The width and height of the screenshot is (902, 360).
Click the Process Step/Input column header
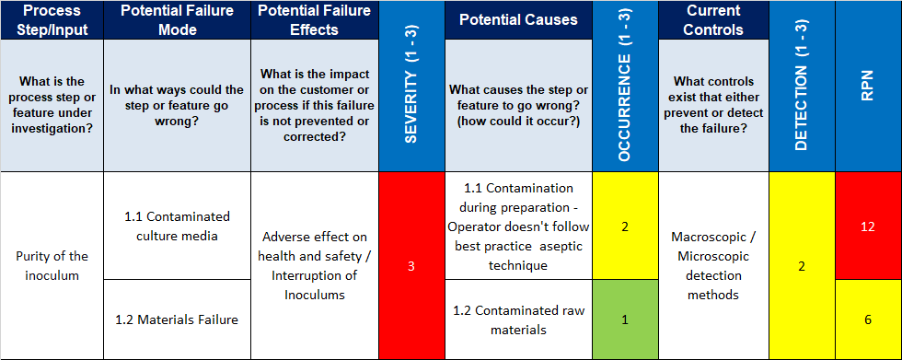(x=52, y=19)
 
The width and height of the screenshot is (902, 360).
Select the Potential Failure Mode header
(x=176, y=19)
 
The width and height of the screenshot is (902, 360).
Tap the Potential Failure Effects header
(x=314, y=19)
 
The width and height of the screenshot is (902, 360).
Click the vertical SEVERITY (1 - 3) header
(x=411, y=86)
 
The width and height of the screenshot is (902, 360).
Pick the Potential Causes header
(x=518, y=19)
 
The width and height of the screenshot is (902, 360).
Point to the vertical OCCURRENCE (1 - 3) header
(x=625, y=86)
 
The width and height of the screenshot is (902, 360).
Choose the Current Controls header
(x=714, y=19)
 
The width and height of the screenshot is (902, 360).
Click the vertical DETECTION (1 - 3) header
(x=801, y=86)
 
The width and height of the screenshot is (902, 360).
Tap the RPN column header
(x=868, y=86)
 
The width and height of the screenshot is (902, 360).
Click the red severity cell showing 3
(x=411, y=266)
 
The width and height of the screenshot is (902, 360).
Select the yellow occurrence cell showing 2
(x=625, y=226)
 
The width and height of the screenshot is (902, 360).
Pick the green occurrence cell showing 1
(x=625, y=319)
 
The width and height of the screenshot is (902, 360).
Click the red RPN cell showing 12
(x=868, y=226)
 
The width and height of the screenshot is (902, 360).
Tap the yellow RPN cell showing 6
(x=868, y=319)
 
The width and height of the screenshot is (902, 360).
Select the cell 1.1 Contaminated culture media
(x=176, y=226)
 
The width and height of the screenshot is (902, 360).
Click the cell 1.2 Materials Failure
(x=176, y=319)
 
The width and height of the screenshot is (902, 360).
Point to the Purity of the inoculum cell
(x=52, y=266)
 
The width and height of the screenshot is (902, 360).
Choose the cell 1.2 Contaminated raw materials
(x=518, y=319)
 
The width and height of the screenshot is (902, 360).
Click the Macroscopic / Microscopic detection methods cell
(x=714, y=266)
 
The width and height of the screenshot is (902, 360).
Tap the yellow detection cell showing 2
(x=801, y=266)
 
